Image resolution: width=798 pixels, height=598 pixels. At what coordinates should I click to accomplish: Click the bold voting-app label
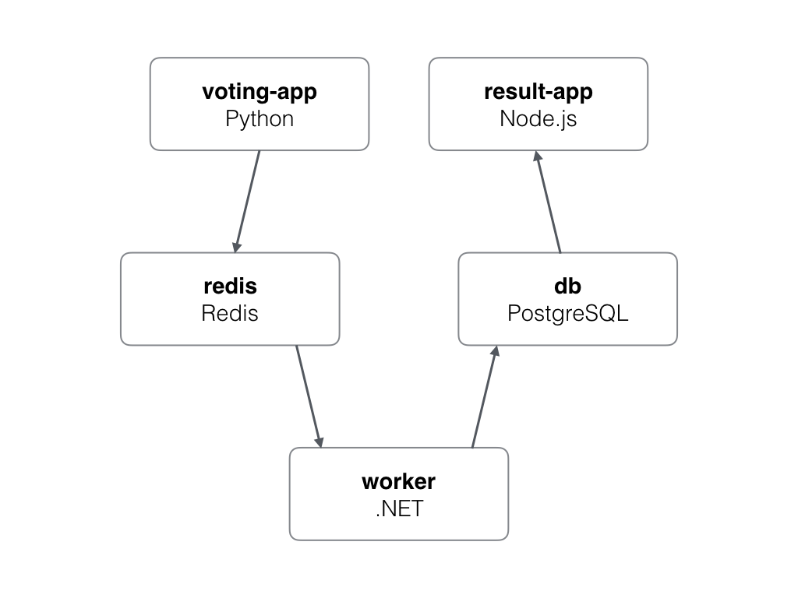[260, 92]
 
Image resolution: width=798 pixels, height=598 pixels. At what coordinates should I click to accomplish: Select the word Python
[260, 119]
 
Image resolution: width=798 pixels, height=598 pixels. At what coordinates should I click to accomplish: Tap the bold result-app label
[538, 92]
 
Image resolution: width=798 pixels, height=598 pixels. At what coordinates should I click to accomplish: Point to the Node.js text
[538, 119]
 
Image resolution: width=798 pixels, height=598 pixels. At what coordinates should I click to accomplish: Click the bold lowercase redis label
[230, 286]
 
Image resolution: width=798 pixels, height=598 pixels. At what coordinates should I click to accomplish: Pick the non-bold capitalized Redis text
[230, 313]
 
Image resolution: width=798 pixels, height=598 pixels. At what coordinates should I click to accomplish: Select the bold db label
[567, 286]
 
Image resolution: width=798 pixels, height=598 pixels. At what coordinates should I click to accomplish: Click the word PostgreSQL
[567, 313]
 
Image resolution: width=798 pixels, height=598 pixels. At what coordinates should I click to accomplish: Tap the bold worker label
[398, 481]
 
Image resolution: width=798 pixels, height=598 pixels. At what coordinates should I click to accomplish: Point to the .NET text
[398, 508]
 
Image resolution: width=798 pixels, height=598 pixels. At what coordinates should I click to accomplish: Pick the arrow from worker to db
[484, 397]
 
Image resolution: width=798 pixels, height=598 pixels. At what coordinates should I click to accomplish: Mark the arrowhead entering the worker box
[319, 440]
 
